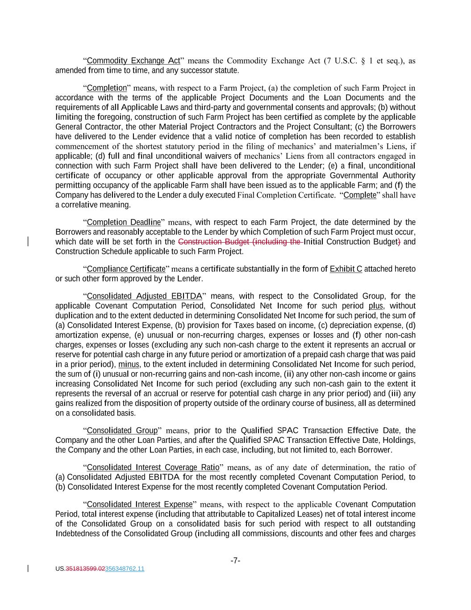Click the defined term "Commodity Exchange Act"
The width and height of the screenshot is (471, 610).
click(133, 61)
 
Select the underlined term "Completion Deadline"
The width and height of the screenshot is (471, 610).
click(124, 222)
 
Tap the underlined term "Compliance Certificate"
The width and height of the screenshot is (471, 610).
click(126, 269)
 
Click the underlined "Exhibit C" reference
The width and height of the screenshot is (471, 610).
click(346, 269)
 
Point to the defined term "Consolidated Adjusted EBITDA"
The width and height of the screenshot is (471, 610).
click(144, 296)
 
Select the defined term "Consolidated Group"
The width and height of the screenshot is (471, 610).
click(122, 431)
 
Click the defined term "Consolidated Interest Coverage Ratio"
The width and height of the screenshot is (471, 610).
click(153, 467)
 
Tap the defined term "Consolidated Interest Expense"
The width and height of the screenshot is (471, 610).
click(139, 505)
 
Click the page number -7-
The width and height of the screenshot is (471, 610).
click(235, 560)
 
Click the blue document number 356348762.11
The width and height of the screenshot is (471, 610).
click(125, 569)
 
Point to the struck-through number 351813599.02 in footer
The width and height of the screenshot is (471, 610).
click(85, 569)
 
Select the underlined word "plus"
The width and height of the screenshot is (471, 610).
click(375, 306)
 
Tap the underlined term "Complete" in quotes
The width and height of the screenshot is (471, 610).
click(360, 195)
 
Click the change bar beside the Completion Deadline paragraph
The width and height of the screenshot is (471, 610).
click(29, 242)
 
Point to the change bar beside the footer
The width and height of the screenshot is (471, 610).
click(29, 568)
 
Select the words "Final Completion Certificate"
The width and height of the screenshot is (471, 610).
click(286, 195)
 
